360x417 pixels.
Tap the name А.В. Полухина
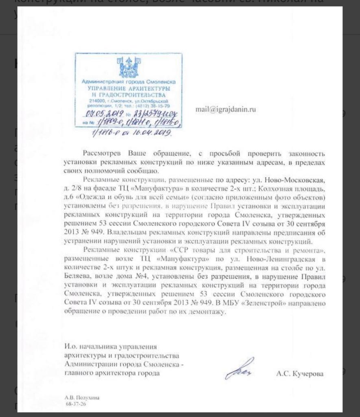82,397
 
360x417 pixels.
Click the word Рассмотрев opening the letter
103,154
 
